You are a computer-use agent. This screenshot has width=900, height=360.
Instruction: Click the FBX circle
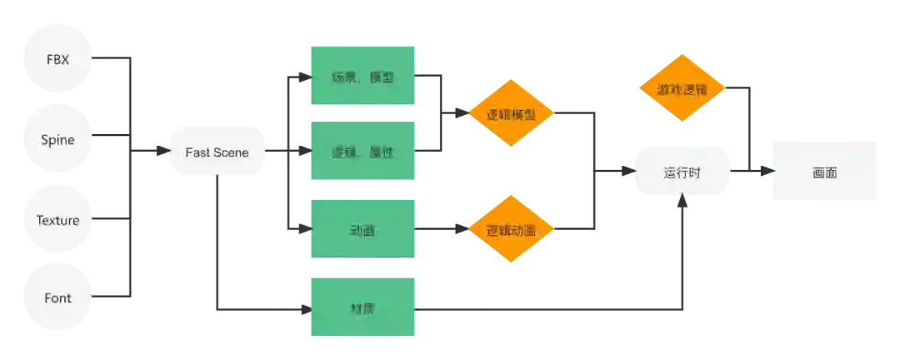click(58, 59)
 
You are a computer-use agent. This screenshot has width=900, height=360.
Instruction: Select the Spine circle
click(58, 140)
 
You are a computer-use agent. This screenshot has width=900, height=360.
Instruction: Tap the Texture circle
click(58, 220)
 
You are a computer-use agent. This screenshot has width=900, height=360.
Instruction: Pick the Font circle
click(58, 297)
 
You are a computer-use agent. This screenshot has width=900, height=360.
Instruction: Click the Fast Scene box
click(217, 152)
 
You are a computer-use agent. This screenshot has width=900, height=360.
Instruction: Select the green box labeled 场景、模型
click(362, 77)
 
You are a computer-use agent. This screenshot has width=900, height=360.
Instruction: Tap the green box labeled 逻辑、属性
click(362, 152)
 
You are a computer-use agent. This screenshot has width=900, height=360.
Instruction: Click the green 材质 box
click(362, 307)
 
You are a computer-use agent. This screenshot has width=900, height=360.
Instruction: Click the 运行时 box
click(682, 172)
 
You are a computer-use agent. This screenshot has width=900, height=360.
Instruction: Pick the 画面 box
click(823, 171)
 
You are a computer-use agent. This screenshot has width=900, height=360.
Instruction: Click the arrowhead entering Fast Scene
click(161, 152)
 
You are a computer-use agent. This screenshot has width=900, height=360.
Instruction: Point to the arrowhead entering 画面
click(768, 171)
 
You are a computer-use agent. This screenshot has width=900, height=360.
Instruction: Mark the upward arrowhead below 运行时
click(683, 205)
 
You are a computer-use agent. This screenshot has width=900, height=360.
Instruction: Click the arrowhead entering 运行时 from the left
click(627, 171)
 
